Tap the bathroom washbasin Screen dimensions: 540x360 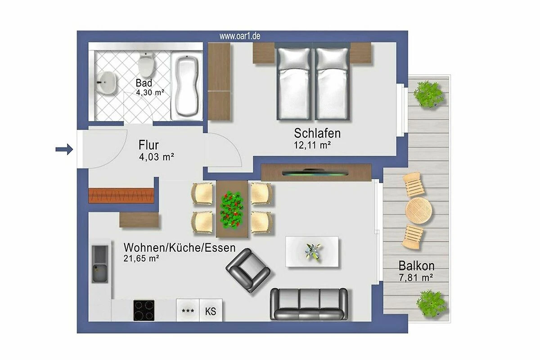106,82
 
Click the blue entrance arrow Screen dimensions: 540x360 64,149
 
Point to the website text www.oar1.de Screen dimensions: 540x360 239,36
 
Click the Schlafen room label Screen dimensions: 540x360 317,133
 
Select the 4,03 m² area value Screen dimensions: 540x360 157,157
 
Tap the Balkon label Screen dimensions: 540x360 416,265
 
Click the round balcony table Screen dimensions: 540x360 418,210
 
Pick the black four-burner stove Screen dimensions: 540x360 144,310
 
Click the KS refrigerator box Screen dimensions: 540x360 211,310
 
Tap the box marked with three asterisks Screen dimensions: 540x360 188,310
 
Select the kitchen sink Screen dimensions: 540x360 100,264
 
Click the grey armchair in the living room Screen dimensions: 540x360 248,270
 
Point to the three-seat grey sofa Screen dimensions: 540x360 309,304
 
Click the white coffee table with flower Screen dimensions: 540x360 312,252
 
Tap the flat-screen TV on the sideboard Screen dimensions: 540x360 315,173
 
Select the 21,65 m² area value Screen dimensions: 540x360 141,258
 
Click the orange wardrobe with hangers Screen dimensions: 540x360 121,196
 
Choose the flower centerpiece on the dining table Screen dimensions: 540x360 231,210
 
